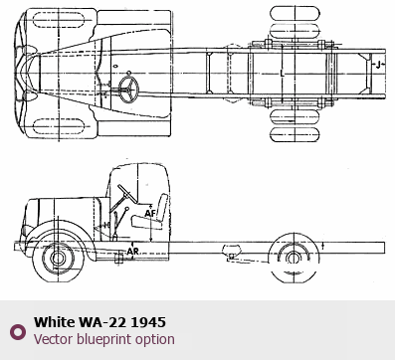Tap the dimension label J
[378, 65]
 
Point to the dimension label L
[282, 74]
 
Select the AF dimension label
[150, 213]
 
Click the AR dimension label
[133, 252]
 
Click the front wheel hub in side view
[58, 259]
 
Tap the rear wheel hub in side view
[294, 258]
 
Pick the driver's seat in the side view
[152, 213]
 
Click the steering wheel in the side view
[126, 194]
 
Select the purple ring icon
[18, 331]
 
